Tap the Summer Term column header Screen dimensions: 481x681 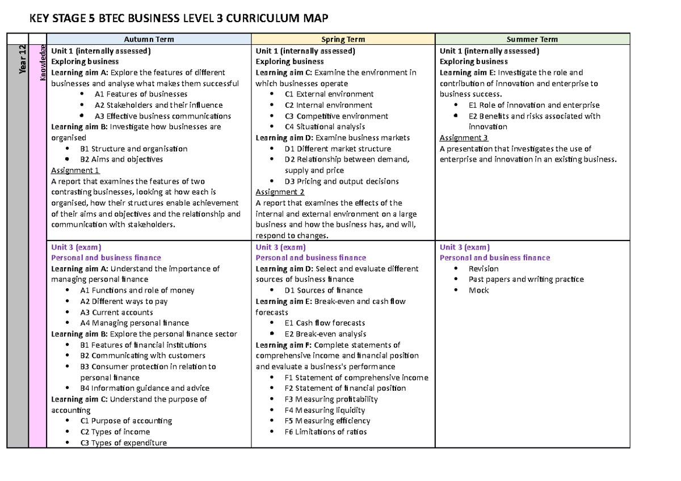(x=532, y=39)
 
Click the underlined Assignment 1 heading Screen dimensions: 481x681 (x=75, y=170)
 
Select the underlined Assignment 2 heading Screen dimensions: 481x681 (x=280, y=192)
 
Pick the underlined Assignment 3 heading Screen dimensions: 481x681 (x=464, y=138)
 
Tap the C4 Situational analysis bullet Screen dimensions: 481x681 (x=325, y=126)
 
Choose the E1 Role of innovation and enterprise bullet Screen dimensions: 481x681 (x=534, y=105)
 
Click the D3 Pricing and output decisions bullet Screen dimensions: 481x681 (x=342, y=182)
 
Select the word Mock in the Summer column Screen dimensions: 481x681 (x=478, y=290)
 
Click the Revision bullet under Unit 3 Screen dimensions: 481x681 (x=484, y=268)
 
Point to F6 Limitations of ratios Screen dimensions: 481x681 (x=325, y=432)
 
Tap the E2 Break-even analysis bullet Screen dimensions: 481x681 (x=325, y=334)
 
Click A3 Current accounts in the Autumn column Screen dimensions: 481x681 (x=116, y=312)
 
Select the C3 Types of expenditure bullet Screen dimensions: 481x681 (x=123, y=443)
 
